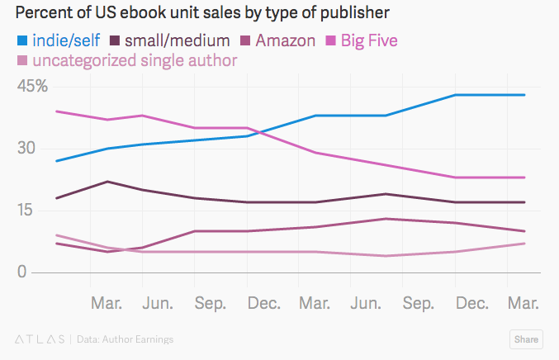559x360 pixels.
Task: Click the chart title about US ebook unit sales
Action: [203, 13]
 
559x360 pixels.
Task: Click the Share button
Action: [526, 339]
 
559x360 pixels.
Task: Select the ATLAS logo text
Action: [40, 339]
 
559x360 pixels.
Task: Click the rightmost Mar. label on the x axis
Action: [523, 303]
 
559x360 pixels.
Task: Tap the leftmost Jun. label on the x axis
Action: [159, 303]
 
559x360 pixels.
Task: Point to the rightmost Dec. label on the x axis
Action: [471, 303]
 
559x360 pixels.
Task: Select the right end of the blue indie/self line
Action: [525, 95]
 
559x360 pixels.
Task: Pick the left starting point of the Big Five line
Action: [55, 111]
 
